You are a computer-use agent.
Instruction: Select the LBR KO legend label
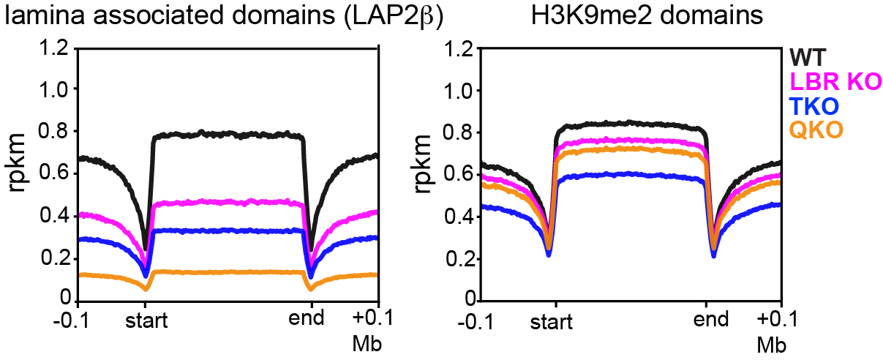[x=834, y=80]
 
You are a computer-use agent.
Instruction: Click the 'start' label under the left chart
[x=146, y=320]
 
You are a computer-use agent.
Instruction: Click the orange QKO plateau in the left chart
[x=227, y=271]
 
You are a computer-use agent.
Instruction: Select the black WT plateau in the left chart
[x=227, y=135]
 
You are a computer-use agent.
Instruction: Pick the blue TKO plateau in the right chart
[x=629, y=174]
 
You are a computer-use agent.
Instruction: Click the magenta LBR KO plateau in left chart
[x=227, y=201]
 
